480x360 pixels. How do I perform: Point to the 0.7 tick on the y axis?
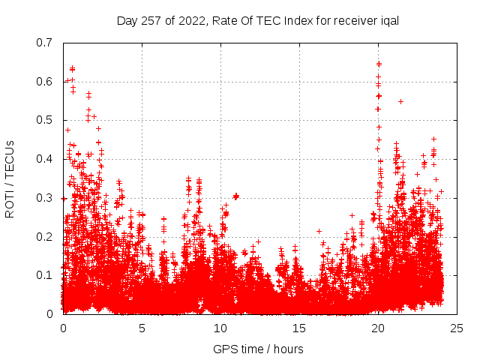pyautogui.click(x=45, y=43)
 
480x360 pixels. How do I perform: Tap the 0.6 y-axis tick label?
pyautogui.click(x=45, y=82)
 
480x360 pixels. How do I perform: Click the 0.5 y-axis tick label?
pyautogui.click(x=45, y=120)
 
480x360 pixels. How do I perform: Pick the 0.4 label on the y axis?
pyautogui.click(x=45, y=159)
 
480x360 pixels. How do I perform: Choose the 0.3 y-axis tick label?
pyautogui.click(x=45, y=198)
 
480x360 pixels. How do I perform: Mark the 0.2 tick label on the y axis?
pyautogui.click(x=45, y=236)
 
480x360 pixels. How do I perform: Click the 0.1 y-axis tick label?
pyautogui.click(x=45, y=275)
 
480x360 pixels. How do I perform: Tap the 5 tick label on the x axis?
pyautogui.click(x=142, y=328)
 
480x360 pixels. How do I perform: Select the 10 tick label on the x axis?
pyautogui.click(x=220, y=328)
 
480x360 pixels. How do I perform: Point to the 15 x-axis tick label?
pyautogui.click(x=299, y=328)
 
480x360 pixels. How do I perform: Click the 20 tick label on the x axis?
pyautogui.click(x=378, y=328)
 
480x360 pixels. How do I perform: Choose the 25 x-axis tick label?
pyautogui.click(x=457, y=328)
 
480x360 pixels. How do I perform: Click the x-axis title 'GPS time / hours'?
pyautogui.click(x=258, y=349)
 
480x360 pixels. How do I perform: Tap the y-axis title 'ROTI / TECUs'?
pyautogui.click(x=10, y=178)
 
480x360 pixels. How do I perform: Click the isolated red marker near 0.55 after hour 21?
pyautogui.click(x=401, y=101)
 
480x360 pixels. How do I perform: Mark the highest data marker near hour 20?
pyautogui.click(x=379, y=64)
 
